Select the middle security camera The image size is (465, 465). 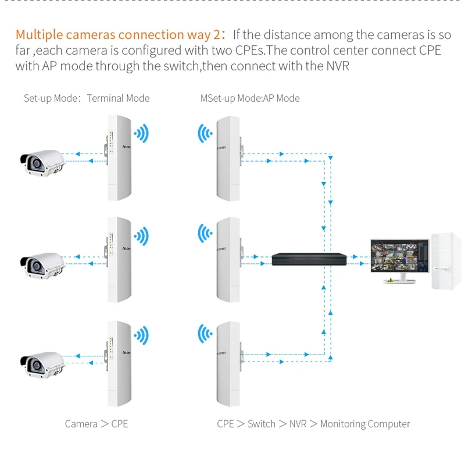click(42, 262)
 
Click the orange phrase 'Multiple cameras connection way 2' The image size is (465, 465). click(117, 35)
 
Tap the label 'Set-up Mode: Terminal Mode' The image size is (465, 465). click(86, 98)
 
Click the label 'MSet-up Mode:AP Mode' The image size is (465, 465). click(250, 98)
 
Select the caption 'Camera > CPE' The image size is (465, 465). click(96, 424)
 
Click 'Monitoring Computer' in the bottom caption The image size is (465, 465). click(365, 424)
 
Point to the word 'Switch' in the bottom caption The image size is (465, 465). click(261, 424)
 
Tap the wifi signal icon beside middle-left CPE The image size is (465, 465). click(141, 237)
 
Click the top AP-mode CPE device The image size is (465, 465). click(228, 157)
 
